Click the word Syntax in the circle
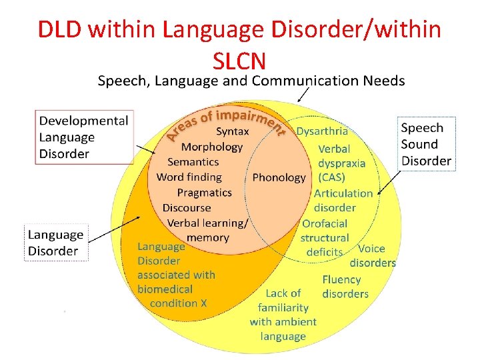(232, 132)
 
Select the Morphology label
(212, 147)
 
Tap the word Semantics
(193, 162)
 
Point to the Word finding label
(189, 177)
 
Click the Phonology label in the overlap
(279, 177)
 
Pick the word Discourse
(187, 207)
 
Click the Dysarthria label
(322, 132)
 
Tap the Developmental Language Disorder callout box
(83, 137)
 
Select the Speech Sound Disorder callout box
(426, 144)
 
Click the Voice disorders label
(373, 256)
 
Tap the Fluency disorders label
(345, 287)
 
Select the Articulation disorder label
(343, 200)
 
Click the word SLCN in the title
(239, 61)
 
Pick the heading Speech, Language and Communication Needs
(251, 81)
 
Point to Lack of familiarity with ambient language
(283, 315)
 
